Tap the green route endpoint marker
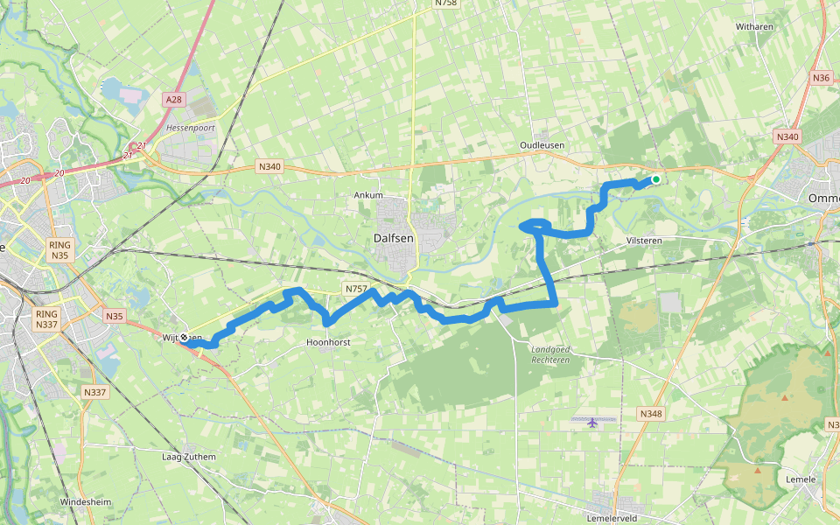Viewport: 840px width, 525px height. pyautogui.click(x=655, y=180)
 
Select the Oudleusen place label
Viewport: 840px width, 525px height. pyautogui.click(x=542, y=145)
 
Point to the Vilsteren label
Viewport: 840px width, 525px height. pyautogui.click(x=646, y=239)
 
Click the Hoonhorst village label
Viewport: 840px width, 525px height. pyautogui.click(x=329, y=342)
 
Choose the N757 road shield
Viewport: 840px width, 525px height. pyautogui.click(x=355, y=288)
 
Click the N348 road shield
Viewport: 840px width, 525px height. pyautogui.click(x=650, y=413)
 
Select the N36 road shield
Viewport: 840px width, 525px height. pyautogui.click(x=821, y=78)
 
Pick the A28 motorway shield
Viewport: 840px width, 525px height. pyautogui.click(x=174, y=100)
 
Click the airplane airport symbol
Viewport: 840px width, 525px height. pyautogui.click(x=593, y=422)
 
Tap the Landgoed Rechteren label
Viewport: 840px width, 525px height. pyautogui.click(x=550, y=354)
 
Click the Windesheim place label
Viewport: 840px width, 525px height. pyautogui.click(x=86, y=501)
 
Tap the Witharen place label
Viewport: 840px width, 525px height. pyautogui.click(x=754, y=27)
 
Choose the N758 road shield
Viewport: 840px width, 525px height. pyautogui.click(x=445, y=3)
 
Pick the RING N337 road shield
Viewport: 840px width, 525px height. pyautogui.click(x=46, y=319)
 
